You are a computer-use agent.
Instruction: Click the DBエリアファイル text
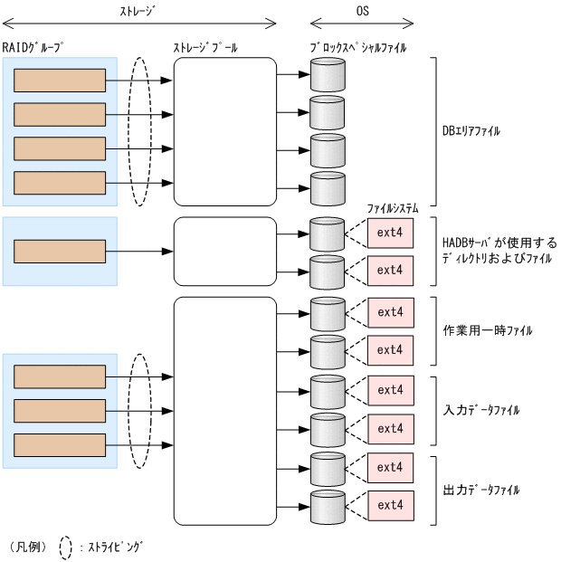pos(471,131)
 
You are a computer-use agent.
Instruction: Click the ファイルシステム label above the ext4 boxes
pos(390,207)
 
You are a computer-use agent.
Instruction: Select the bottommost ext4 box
pos(390,505)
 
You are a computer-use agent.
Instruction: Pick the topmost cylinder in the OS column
pos(327,74)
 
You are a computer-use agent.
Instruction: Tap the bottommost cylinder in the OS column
pos(327,509)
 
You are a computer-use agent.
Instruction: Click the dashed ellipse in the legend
pos(65,547)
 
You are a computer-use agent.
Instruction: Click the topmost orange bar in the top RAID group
pos(60,80)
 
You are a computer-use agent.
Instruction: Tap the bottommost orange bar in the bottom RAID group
pos(60,444)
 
